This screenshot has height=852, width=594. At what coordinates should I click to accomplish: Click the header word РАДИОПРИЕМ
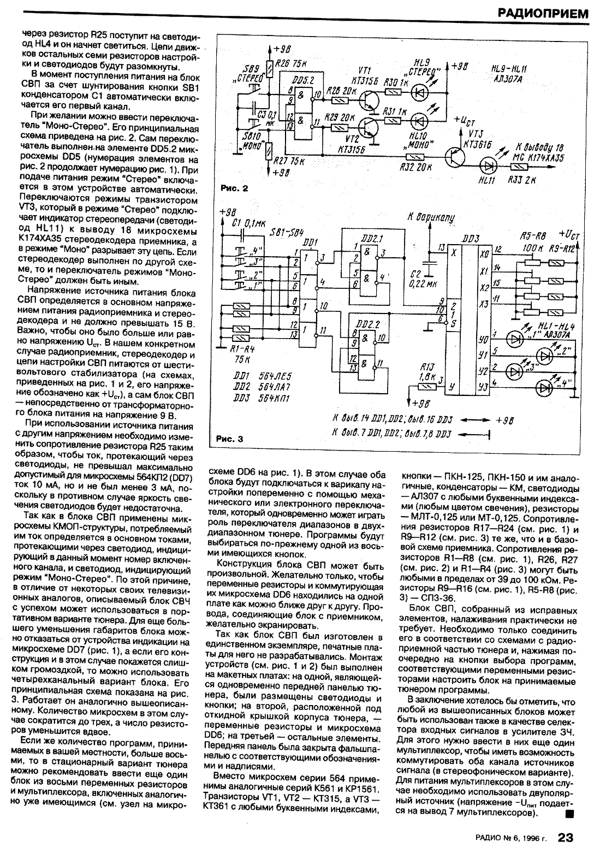click(542, 13)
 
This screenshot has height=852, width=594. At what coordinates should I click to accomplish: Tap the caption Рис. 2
click(235, 189)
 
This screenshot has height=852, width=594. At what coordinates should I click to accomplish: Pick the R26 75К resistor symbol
click(269, 68)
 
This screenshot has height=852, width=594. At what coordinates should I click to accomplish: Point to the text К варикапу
click(432, 217)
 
